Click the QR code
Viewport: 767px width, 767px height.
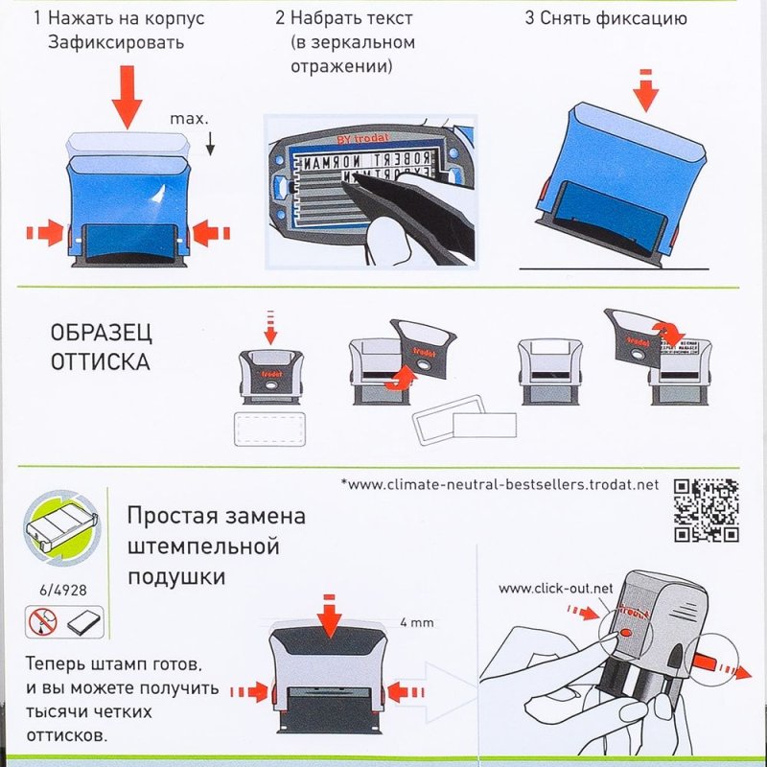point(706,509)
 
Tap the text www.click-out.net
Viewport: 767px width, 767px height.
point(555,587)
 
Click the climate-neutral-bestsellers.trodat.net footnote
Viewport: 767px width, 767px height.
point(500,484)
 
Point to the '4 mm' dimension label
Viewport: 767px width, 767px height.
point(416,622)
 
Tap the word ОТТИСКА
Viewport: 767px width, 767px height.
point(100,362)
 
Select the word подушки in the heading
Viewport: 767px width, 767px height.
point(176,577)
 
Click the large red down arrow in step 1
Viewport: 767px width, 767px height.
point(126,97)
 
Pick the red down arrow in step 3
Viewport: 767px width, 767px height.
point(648,90)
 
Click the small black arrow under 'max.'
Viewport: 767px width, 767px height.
point(211,144)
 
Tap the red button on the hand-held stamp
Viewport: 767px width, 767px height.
point(623,634)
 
